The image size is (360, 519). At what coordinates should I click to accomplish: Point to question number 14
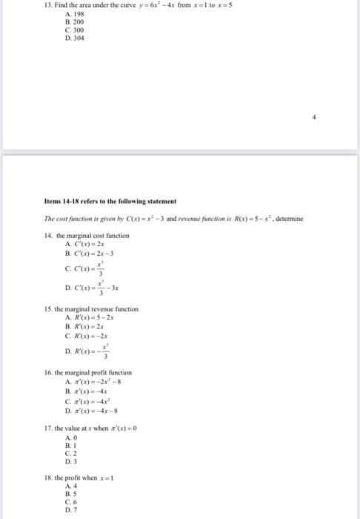(x=48, y=236)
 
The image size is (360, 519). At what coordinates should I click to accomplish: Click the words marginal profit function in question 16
(x=99, y=372)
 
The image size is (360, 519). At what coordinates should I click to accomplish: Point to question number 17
(x=48, y=429)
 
